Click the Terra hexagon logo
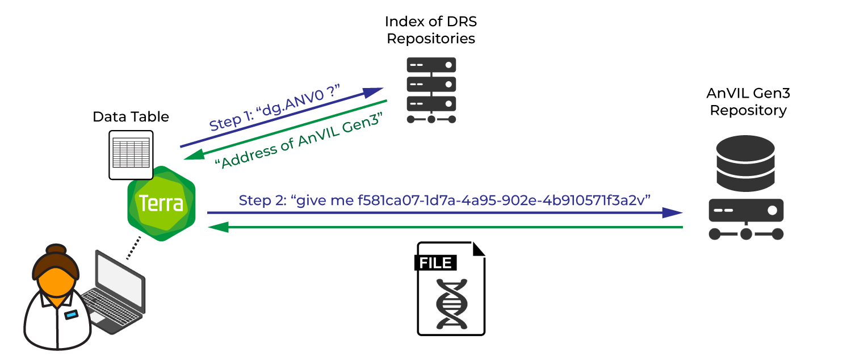click(161, 203)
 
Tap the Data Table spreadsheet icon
click(131, 155)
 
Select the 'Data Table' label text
click(131, 117)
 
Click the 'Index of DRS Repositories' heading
click(431, 30)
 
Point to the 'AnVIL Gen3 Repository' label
click(748, 102)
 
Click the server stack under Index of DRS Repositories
click(431, 90)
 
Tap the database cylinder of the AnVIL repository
click(745, 163)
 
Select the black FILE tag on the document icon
click(435, 262)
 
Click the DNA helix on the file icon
click(452, 304)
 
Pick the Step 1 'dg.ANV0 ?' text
click(274, 108)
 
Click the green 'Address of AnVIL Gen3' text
click(299, 141)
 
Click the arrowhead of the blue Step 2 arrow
click(673, 213)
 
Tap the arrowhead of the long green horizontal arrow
click(219, 227)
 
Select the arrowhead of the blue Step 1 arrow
click(373, 92)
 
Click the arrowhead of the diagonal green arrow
click(194, 155)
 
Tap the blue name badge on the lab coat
click(71, 314)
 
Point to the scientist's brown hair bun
click(56, 250)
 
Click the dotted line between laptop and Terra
click(133, 248)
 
